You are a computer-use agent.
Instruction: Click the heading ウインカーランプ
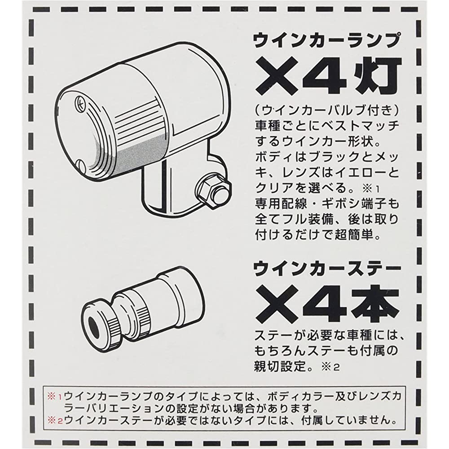[326, 41]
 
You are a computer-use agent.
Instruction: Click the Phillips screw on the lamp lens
[79, 103]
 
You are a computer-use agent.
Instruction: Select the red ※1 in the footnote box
[54, 397]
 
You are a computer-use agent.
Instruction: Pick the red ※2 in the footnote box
[54, 421]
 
